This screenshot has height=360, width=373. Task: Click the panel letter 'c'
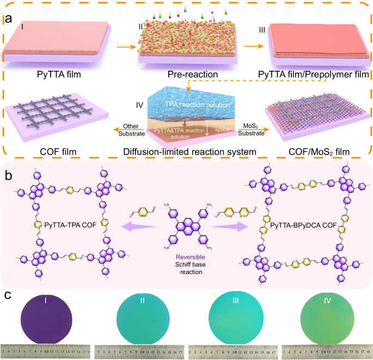click(7, 296)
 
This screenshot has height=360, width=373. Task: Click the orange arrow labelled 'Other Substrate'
click(125, 130)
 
